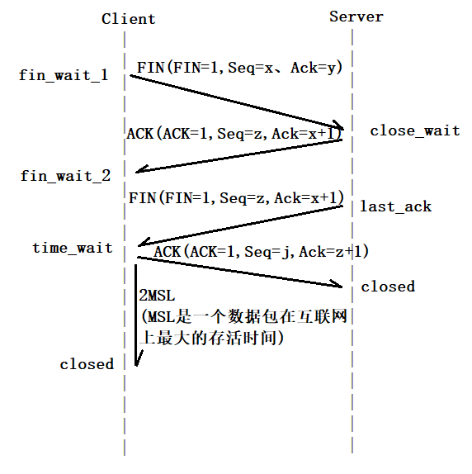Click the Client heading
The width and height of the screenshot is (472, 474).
(x=129, y=19)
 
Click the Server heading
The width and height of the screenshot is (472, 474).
(x=356, y=17)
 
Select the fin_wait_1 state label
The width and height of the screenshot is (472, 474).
(x=64, y=75)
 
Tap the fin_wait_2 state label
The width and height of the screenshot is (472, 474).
(x=65, y=176)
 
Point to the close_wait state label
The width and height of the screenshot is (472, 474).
(x=415, y=130)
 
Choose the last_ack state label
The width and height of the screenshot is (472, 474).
(x=395, y=206)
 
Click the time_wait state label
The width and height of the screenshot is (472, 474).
(x=73, y=248)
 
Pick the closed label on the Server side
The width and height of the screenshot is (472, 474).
(x=388, y=287)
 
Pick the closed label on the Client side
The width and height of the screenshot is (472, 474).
(x=87, y=364)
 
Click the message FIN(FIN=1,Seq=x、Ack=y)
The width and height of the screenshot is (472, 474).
(x=240, y=68)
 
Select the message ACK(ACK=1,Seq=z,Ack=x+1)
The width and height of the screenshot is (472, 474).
(x=234, y=134)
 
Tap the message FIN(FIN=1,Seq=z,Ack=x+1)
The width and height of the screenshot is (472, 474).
(x=237, y=198)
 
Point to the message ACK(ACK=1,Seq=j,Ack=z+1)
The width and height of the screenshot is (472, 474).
(x=262, y=252)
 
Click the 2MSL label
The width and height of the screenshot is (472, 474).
(x=157, y=296)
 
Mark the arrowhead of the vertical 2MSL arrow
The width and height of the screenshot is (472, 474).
(x=138, y=359)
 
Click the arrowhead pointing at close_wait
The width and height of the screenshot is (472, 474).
(x=338, y=126)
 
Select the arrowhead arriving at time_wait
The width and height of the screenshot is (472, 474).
(x=144, y=242)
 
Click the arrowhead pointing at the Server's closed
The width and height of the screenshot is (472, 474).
(x=337, y=283)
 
